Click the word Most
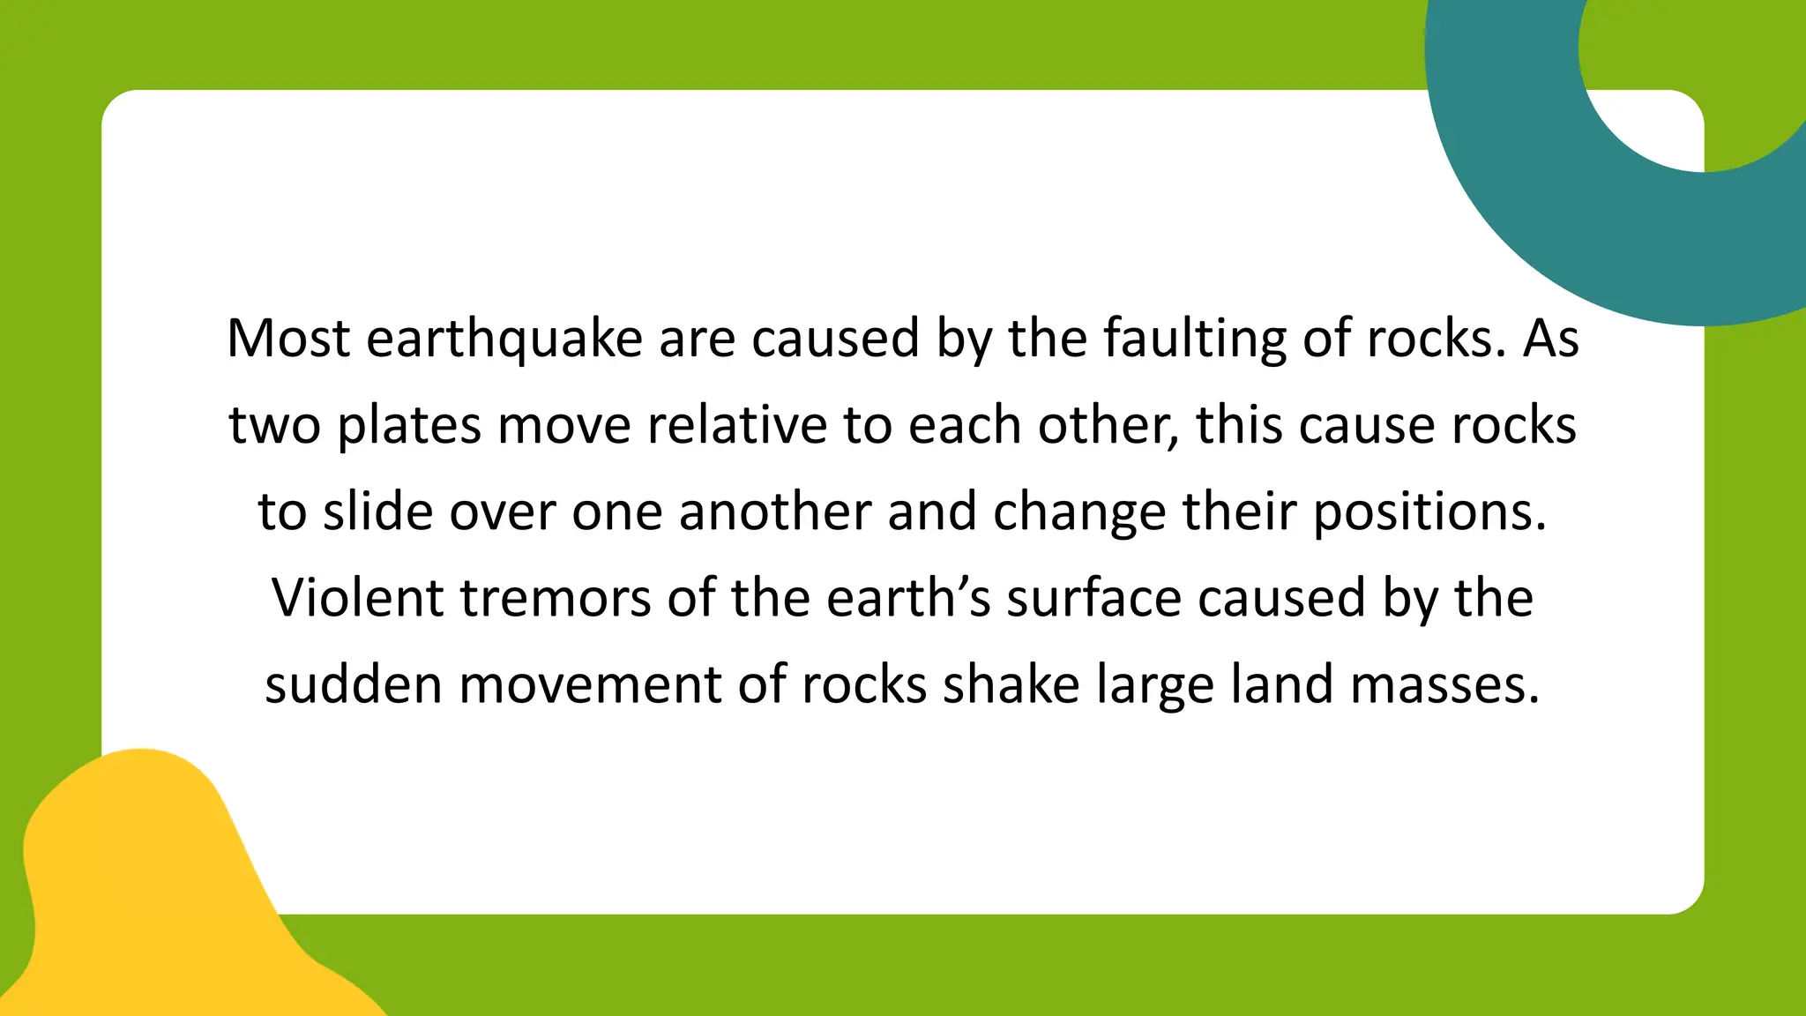click(288, 338)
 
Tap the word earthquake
click(504, 340)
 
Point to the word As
click(1550, 338)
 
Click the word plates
click(409, 426)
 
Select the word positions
click(1429, 512)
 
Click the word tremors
click(556, 597)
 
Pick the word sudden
click(354, 684)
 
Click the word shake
click(1011, 684)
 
